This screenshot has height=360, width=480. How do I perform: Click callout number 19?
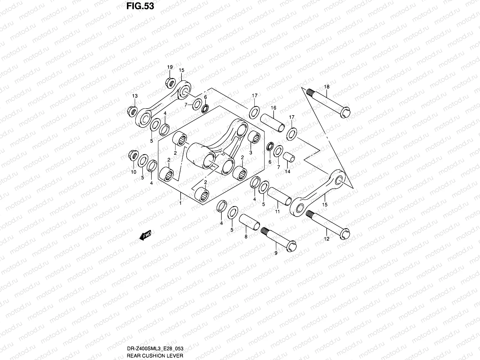[170, 67]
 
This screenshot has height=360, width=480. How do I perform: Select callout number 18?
[327, 87]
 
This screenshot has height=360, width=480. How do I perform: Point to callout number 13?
[135, 96]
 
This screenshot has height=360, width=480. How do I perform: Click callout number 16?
[273, 108]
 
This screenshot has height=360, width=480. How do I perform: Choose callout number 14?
[287, 172]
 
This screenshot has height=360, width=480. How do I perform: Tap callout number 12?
[327, 239]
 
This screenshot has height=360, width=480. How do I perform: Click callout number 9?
[276, 253]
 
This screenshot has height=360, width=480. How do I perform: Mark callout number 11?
[277, 211]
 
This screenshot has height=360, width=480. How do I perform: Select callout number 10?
[133, 172]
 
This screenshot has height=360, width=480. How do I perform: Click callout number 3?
[251, 152]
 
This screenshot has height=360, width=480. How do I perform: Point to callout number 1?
[180, 203]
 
